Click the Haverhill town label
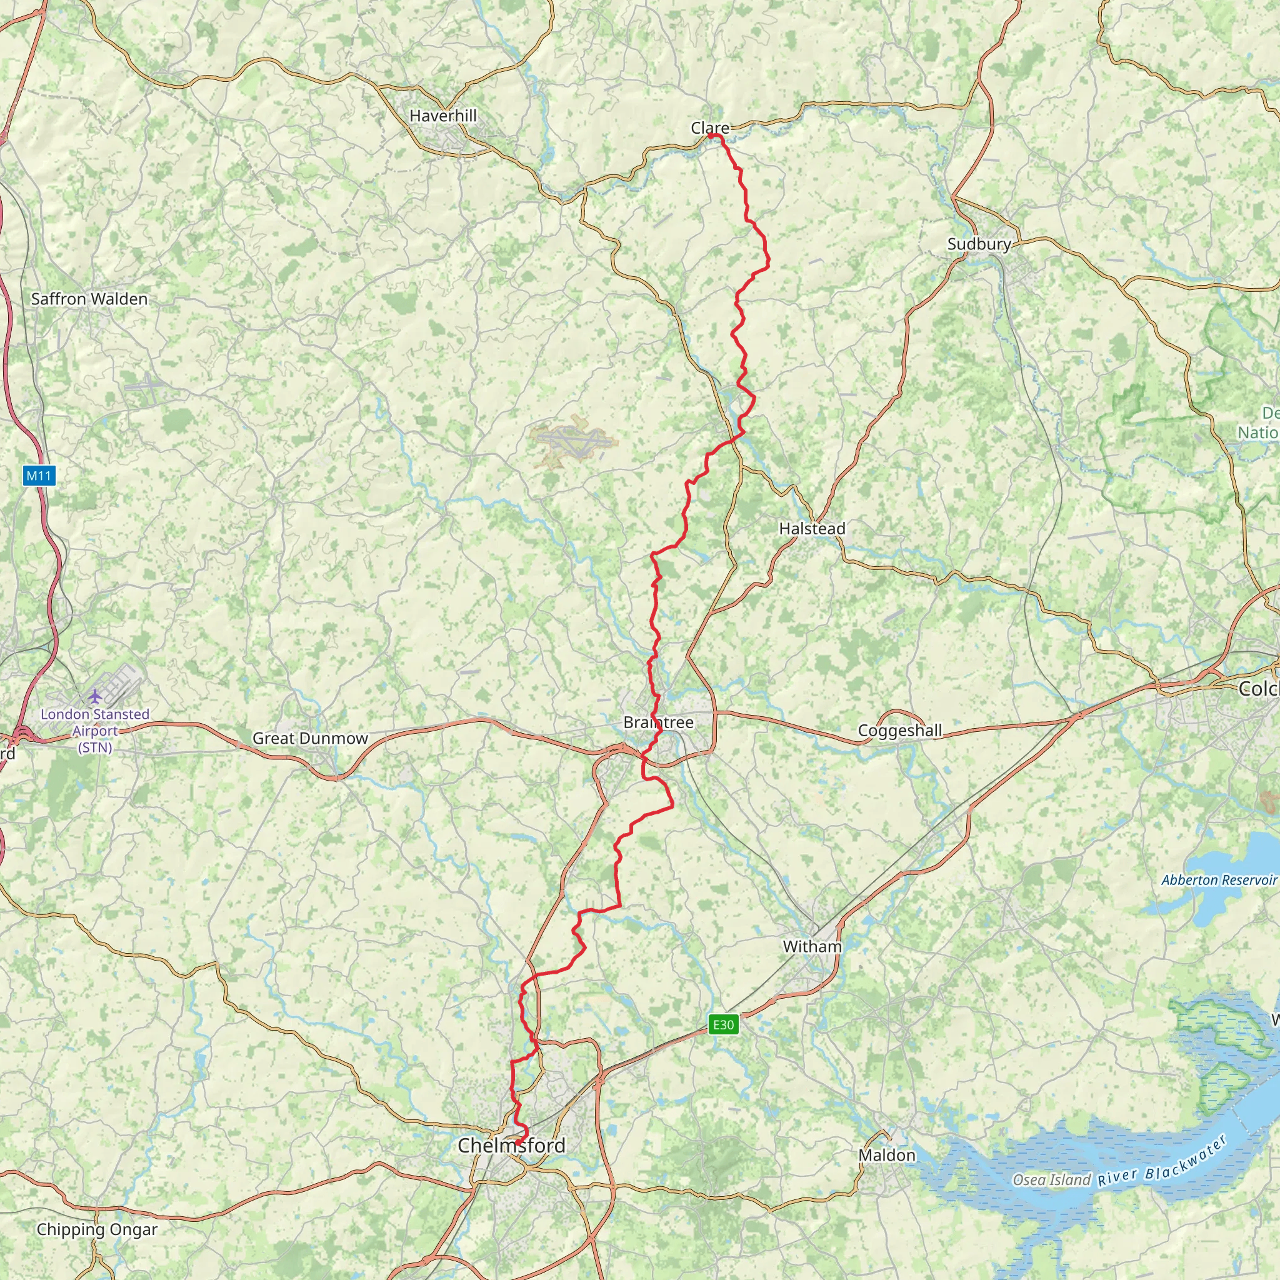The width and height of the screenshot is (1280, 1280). (442, 116)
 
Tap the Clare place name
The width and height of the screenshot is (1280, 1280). (709, 128)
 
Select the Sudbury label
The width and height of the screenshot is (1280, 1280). (979, 244)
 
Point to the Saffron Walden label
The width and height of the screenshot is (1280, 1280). (89, 299)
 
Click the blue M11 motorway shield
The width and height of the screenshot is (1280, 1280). (38, 475)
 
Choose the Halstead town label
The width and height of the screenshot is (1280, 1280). (812, 529)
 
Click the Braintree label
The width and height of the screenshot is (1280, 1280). (658, 722)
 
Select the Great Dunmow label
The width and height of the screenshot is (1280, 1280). (310, 738)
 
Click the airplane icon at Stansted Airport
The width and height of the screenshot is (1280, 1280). (96, 696)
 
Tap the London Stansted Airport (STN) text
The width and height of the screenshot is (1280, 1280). (95, 731)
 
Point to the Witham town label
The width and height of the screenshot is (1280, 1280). (812, 946)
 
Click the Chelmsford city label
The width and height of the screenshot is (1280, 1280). (511, 1145)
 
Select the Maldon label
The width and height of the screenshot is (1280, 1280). (886, 1156)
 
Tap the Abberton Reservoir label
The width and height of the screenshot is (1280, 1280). (1218, 880)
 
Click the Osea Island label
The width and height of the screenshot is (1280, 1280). (1051, 1180)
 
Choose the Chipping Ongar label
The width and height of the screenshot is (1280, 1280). (97, 1229)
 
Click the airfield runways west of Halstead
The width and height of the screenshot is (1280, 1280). (574, 439)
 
